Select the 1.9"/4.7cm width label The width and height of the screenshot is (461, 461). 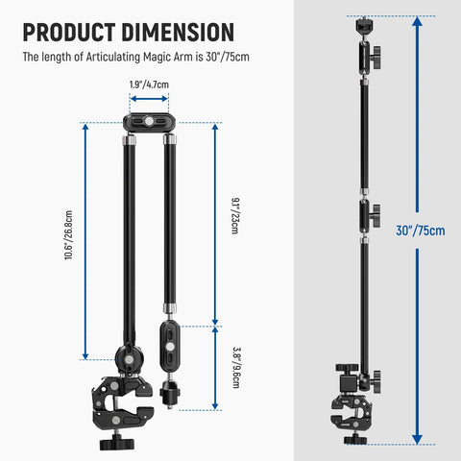click(149, 85)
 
